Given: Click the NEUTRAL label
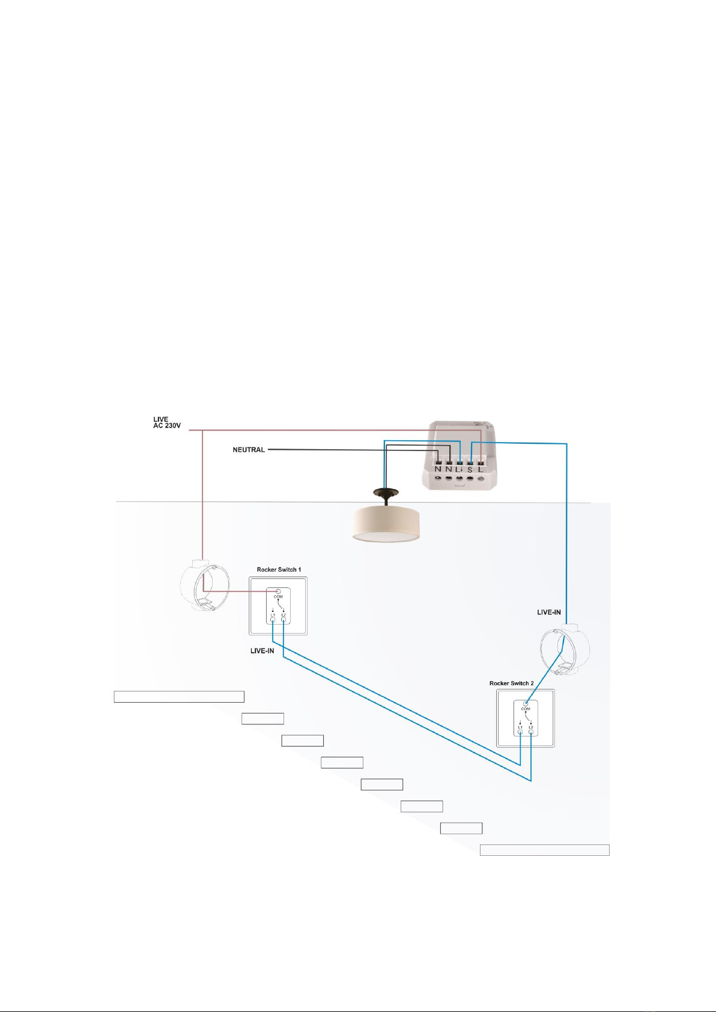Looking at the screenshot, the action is pyautogui.click(x=249, y=450).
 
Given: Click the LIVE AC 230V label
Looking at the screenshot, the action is pyautogui.click(x=166, y=423).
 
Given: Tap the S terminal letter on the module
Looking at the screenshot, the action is pyautogui.click(x=470, y=469).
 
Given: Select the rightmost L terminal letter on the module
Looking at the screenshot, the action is pyautogui.click(x=481, y=469).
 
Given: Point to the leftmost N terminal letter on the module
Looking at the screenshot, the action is pyautogui.click(x=438, y=469).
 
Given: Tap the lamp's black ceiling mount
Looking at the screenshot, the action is pyautogui.click(x=386, y=494).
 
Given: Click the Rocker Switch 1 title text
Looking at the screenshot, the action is pyautogui.click(x=279, y=569).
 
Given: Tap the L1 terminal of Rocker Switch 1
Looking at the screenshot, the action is pyautogui.click(x=273, y=619).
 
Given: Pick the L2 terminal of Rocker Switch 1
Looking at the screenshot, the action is pyautogui.click(x=284, y=619).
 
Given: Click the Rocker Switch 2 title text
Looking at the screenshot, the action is pyautogui.click(x=511, y=683).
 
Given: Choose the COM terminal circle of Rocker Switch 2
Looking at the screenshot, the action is pyautogui.click(x=526, y=703).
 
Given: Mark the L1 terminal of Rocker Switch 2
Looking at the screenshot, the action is pyautogui.click(x=520, y=732).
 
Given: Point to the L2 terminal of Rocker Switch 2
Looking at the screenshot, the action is pyautogui.click(x=531, y=732).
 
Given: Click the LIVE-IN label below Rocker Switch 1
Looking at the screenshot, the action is pyautogui.click(x=262, y=651).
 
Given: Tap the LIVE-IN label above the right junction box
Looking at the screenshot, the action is pyautogui.click(x=548, y=613).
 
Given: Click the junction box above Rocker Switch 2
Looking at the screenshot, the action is pyautogui.click(x=565, y=650).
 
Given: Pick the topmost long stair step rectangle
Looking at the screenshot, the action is pyautogui.click(x=179, y=697).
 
